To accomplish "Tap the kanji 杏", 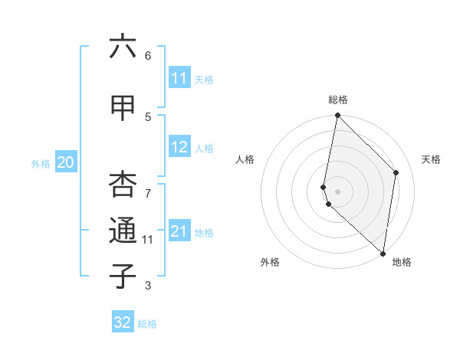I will pos(123,184).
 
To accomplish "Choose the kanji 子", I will pos(123,276).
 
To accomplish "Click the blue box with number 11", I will pos(179,78).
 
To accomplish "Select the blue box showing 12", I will pos(179,148).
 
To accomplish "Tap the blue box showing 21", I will pos(179,232).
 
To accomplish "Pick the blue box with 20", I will pos(66,162).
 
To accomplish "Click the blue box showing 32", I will pos(123,322).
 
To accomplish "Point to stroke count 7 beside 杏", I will pos(148,185).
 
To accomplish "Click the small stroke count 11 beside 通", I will pos(148,240).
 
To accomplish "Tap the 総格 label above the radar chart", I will pos(337,100).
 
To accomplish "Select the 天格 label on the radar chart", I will pos(431,159).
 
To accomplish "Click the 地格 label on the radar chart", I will pos(402,263).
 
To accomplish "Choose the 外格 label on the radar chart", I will pos(270,263).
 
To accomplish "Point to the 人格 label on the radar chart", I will pos(245,159).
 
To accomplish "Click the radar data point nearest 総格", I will pos(337,116).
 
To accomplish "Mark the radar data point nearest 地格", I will pos(383,254).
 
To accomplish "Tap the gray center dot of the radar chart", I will pos(337,191).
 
